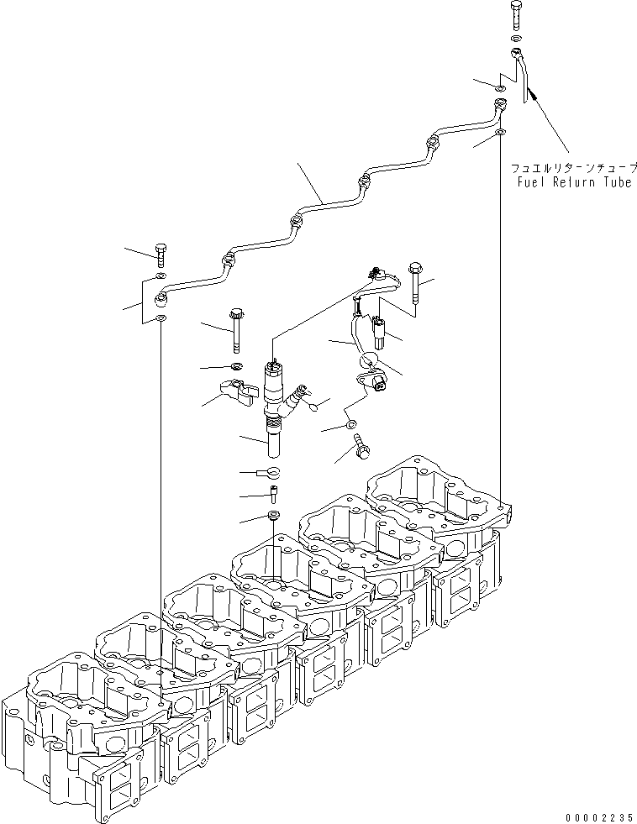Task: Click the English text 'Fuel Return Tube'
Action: tap(574, 182)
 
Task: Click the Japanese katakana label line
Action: tap(574, 168)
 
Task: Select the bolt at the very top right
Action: tap(516, 16)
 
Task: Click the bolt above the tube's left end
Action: tap(161, 250)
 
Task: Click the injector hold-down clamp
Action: tap(237, 393)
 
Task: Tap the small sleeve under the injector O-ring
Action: tap(274, 493)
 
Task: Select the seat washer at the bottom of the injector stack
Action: tap(274, 514)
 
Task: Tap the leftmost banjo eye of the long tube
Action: tap(163, 298)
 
